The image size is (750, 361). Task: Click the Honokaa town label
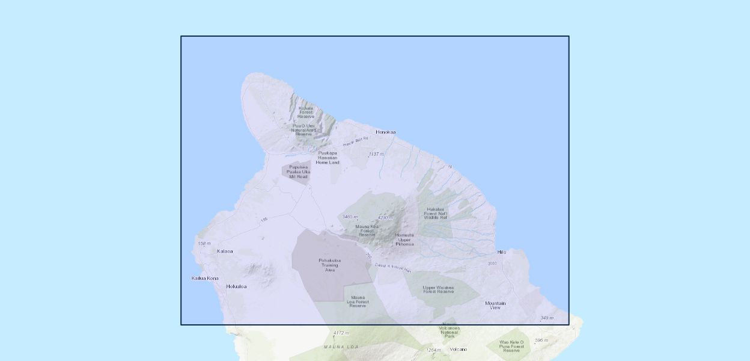pos(386,132)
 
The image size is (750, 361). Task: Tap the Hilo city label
pos(502,252)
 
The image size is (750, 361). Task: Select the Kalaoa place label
pos(225,251)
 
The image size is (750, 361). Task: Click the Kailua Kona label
pos(205,278)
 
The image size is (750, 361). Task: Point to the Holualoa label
pos(236,286)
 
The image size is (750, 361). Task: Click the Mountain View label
pos(495,305)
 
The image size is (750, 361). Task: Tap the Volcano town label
pos(458,349)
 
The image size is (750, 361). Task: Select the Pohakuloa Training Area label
pos(329,265)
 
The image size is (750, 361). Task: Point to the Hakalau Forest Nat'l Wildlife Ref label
pos(436,213)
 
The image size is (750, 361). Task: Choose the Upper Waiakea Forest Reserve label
pos(438,289)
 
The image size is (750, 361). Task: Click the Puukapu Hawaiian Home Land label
pos(329,158)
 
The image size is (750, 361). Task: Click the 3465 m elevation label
pos(350,217)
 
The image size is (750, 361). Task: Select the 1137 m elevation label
pos(376,154)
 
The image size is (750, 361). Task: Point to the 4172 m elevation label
pos(341,333)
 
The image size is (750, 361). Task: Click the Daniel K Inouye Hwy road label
pos(392,268)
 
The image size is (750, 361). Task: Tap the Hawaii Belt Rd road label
pos(355,142)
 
